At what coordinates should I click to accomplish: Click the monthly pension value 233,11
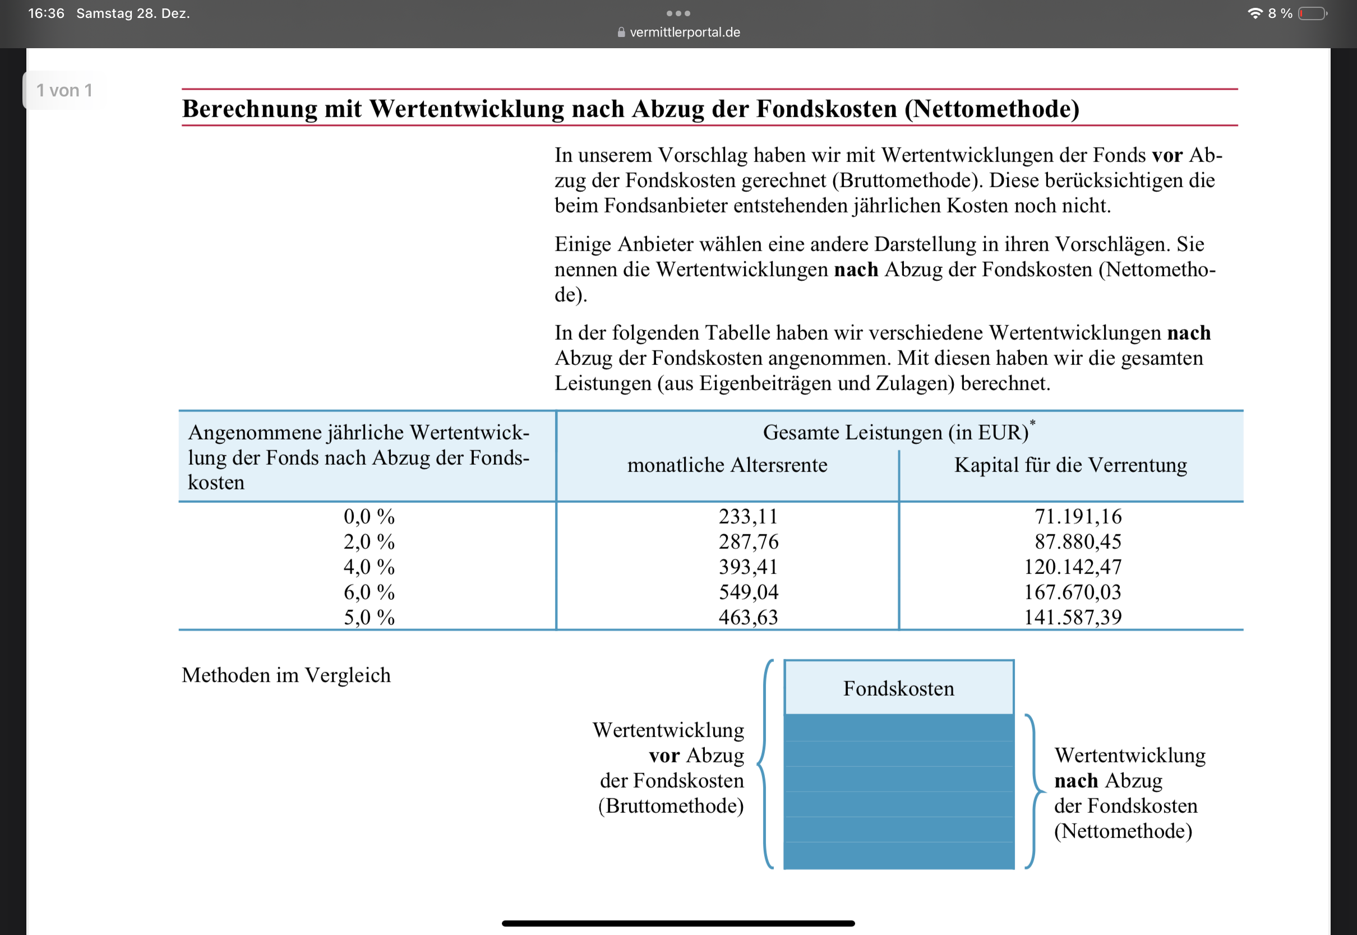(748, 517)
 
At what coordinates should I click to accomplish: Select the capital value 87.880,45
(1078, 542)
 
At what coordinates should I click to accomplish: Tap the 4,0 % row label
(369, 567)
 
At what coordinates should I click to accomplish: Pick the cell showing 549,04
(748, 593)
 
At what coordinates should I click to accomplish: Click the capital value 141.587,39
(1072, 618)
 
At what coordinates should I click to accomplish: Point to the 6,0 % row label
(369, 593)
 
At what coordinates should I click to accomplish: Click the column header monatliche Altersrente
(727, 465)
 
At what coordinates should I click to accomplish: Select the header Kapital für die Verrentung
(1070, 465)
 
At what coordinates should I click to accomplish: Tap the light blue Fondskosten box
(899, 688)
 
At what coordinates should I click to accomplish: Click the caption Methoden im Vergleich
(286, 675)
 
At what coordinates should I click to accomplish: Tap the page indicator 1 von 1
(64, 90)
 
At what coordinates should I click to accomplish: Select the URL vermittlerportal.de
(684, 32)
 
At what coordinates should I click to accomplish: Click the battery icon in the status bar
(1312, 13)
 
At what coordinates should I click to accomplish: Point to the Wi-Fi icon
(1254, 13)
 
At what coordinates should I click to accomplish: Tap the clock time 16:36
(47, 13)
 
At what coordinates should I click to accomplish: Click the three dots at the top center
(679, 13)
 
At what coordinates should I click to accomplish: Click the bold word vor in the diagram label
(664, 756)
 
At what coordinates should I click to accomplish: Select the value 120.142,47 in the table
(1072, 567)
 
